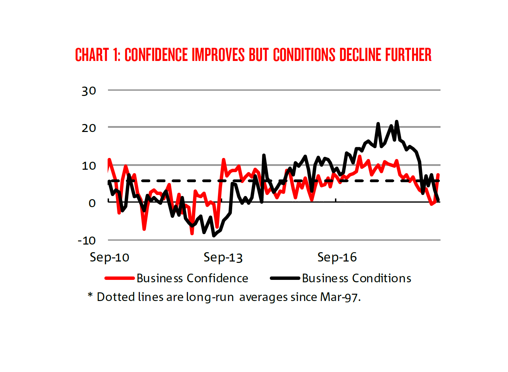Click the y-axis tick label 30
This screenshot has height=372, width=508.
click(x=89, y=91)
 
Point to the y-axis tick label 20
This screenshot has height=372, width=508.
click(x=89, y=128)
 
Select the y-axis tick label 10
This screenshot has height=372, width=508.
click(x=89, y=166)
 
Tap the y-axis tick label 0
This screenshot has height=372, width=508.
click(x=92, y=203)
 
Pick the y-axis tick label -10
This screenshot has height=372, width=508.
click(x=87, y=240)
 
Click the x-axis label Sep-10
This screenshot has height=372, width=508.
click(x=109, y=257)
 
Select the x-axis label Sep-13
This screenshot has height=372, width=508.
click(x=223, y=257)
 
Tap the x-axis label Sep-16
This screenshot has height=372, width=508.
click(x=337, y=257)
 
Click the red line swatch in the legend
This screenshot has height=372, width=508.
click(x=119, y=278)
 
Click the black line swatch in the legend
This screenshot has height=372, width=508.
click(x=285, y=278)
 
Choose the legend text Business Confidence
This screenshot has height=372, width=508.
click(x=192, y=278)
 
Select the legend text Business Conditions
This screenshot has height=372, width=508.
click(x=356, y=278)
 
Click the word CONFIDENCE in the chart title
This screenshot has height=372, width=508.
click(x=157, y=55)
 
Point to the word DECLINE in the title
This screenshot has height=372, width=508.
click(x=360, y=55)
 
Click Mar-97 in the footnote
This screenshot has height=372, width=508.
click(x=339, y=297)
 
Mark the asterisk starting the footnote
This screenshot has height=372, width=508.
click(x=90, y=295)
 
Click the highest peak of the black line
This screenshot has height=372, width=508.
click(x=397, y=122)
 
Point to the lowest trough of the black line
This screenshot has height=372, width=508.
click(x=214, y=236)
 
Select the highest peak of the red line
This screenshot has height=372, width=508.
click(x=360, y=156)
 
